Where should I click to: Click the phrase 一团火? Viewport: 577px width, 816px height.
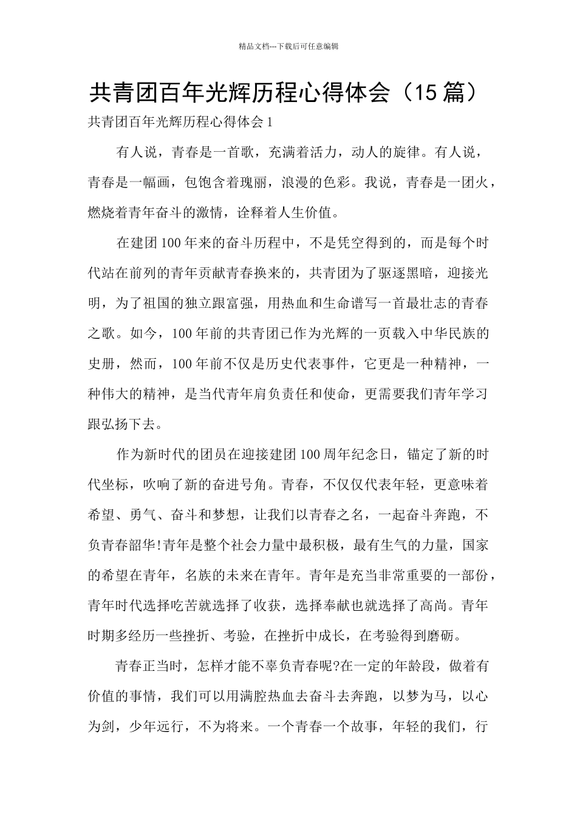pos(468,183)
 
